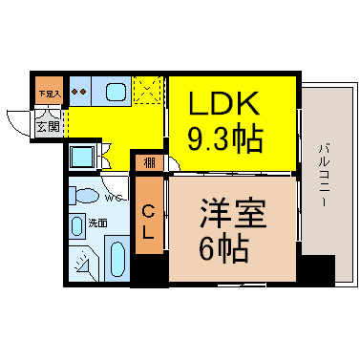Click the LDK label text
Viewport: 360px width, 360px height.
(x=230, y=103)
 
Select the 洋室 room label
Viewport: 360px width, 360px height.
(x=225, y=213)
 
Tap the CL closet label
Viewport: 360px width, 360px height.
(x=149, y=221)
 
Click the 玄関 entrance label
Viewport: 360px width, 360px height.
(x=48, y=124)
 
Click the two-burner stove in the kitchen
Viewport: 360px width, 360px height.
(x=80, y=94)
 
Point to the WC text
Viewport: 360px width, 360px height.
(x=114, y=199)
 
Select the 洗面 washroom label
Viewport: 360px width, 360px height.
(x=98, y=222)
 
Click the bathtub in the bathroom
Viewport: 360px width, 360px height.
(x=117, y=259)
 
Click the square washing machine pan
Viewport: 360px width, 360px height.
(x=83, y=157)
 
